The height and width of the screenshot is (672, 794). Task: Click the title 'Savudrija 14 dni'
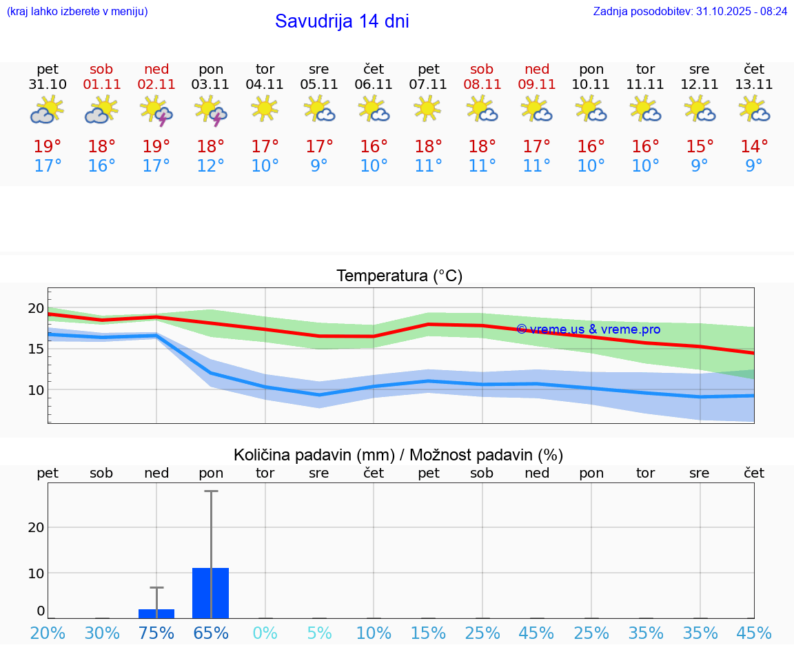click(342, 21)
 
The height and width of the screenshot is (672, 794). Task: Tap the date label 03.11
click(211, 85)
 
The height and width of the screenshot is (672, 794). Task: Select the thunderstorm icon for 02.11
click(156, 110)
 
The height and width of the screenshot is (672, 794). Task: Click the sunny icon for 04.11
click(265, 108)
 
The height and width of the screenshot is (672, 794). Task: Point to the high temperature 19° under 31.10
click(48, 146)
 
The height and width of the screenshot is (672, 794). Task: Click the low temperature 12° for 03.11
click(211, 166)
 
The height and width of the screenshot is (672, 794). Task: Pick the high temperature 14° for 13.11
click(754, 146)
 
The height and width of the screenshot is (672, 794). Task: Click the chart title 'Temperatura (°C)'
click(399, 276)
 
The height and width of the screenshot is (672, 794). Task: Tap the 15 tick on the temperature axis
click(35, 349)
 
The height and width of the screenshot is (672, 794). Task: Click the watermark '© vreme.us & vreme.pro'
click(588, 329)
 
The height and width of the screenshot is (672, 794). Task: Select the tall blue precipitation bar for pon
click(211, 593)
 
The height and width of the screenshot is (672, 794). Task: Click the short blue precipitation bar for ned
click(156, 613)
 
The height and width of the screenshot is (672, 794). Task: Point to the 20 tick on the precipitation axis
click(36, 527)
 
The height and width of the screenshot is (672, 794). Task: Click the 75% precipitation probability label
click(156, 633)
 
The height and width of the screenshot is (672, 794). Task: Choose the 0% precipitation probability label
click(265, 633)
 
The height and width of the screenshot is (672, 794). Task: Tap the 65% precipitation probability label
click(211, 633)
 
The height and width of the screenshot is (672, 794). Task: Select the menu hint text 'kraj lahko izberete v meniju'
click(77, 12)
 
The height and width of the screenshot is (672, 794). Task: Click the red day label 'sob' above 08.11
click(482, 69)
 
